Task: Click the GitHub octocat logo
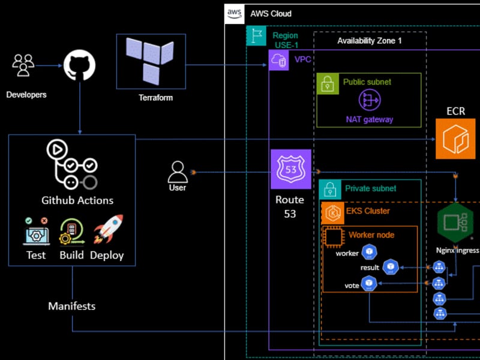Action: pos(79,65)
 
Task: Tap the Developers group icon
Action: pos(23,65)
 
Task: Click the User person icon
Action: pos(178,172)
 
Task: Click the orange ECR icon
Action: pos(455,139)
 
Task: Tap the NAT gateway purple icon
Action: pos(369,100)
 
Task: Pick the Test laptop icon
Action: pos(35,232)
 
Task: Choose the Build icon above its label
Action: pos(71,232)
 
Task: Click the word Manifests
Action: pos(71,306)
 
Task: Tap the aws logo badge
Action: pos(233,13)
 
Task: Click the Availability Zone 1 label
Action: pos(370,41)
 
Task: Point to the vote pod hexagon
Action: pos(370,283)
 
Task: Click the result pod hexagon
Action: pos(391,267)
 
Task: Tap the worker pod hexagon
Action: pos(370,252)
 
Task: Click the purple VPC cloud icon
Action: pos(279,60)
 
